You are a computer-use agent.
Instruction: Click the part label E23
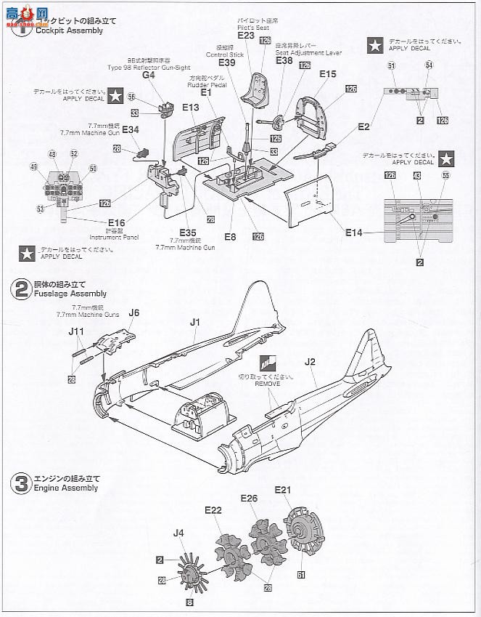coord(245,35)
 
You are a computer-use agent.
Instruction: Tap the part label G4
coord(149,75)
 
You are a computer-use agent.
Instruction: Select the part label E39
coord(227,63)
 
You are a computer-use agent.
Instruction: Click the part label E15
coord(327,74)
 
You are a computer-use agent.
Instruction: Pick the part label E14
coord(354,232)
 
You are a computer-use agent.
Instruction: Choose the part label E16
coord(115,223)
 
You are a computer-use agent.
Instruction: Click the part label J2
coord(311,360)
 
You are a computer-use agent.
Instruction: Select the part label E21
coord(283,490)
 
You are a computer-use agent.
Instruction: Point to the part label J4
coord(178,533)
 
